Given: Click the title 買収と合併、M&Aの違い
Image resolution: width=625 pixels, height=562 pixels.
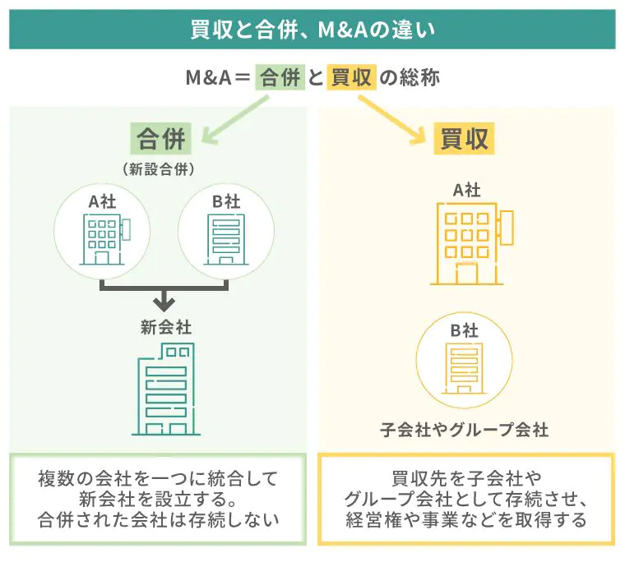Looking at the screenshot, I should [x=312, y=30].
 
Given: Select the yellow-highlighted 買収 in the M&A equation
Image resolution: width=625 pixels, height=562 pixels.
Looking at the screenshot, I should [x=352, y=79].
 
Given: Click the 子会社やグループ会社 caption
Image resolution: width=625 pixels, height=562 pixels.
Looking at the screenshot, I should [x=464, y=430].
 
